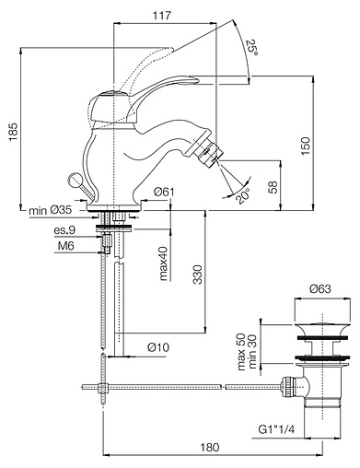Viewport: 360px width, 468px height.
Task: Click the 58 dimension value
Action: (x=273, y=186)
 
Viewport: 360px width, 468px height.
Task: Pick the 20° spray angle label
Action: (x=242, y=195)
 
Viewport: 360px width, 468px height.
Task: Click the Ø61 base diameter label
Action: (x=164, y=192)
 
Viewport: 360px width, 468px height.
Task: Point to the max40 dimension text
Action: (x=162, y=262)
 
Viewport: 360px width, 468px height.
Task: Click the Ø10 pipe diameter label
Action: (x=158, y=346)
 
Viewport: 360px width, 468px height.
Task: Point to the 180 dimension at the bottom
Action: (x=212, y=448)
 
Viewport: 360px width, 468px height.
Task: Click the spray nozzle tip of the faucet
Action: (x=213, y=158)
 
